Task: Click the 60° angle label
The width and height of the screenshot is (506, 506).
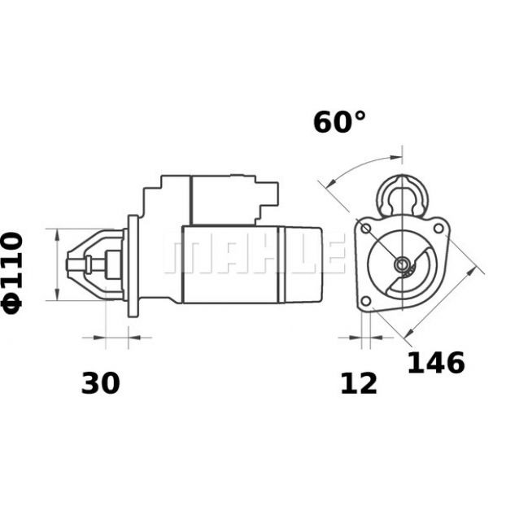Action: point(339,122)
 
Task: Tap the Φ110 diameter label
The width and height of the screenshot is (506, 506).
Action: point(13,273)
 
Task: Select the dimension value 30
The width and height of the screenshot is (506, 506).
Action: point(100,383)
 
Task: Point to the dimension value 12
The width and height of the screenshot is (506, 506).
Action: point(359,383)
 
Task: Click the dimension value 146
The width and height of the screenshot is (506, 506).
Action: point(436,363)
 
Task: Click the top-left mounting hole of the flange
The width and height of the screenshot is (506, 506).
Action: point(365,229)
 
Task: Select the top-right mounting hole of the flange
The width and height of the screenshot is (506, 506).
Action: point(438,229)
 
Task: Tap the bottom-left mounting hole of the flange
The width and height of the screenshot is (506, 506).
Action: point(365,301)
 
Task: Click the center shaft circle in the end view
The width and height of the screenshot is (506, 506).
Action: point(402,264)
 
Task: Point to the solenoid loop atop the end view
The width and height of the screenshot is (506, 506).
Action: point(402,195)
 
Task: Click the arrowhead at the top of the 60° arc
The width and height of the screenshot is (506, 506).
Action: point(396,158)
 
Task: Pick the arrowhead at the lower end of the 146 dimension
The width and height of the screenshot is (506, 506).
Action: point(409,333)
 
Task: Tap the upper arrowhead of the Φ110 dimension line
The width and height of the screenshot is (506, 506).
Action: point(58,235)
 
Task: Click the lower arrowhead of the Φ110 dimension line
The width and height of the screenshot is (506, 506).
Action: point(58,294)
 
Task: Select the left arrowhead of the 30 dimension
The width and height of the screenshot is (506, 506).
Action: point(99,338)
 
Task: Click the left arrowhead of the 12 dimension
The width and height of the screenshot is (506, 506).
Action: point(356,338)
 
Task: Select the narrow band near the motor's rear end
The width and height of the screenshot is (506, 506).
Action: point(281,265)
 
